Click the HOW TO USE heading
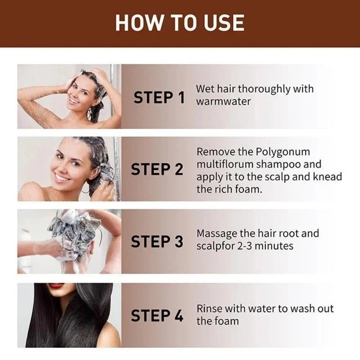point(180,22)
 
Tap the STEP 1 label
point(159,97)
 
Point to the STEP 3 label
point(157,242)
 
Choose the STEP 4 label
point(157,315)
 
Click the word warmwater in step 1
point(223,101)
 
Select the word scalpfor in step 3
point(213,246)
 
